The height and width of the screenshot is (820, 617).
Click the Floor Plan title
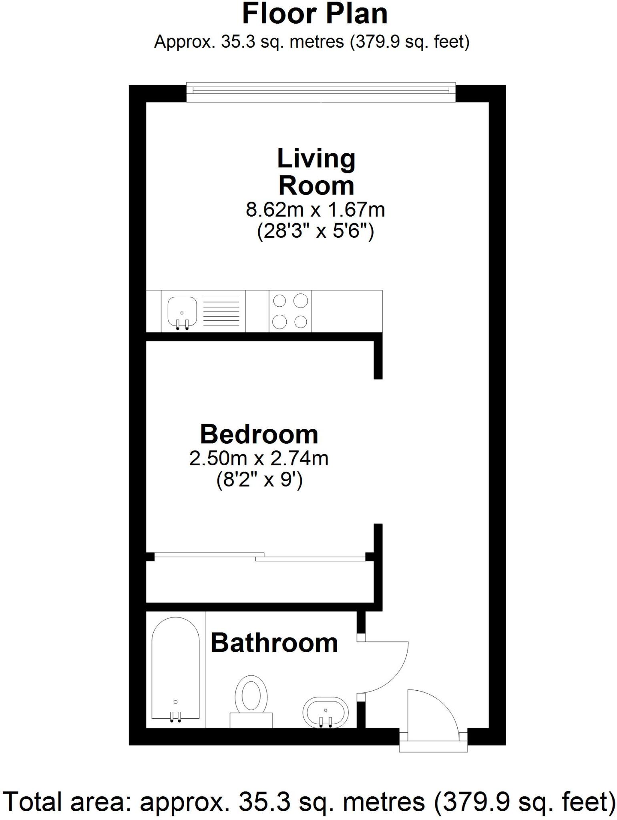[x=315, y=14]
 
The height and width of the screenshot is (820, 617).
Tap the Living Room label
[x=316, y=172]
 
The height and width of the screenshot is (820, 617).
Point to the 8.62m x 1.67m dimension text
[x=315, y=210]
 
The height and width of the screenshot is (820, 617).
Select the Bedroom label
[x=259, y=434]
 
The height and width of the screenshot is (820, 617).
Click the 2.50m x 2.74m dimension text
[x=259, y=458]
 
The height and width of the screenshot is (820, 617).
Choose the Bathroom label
[x=274, y=643]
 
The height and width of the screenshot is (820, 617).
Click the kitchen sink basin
[x=182, y=312]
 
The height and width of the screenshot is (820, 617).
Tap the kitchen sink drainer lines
[x=221, y=311]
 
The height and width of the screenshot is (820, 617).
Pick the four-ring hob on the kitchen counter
[x=290, y=311]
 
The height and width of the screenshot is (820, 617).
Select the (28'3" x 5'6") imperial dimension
[x=315, y=231]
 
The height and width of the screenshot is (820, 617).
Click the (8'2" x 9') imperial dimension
[x=259, y=480]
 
